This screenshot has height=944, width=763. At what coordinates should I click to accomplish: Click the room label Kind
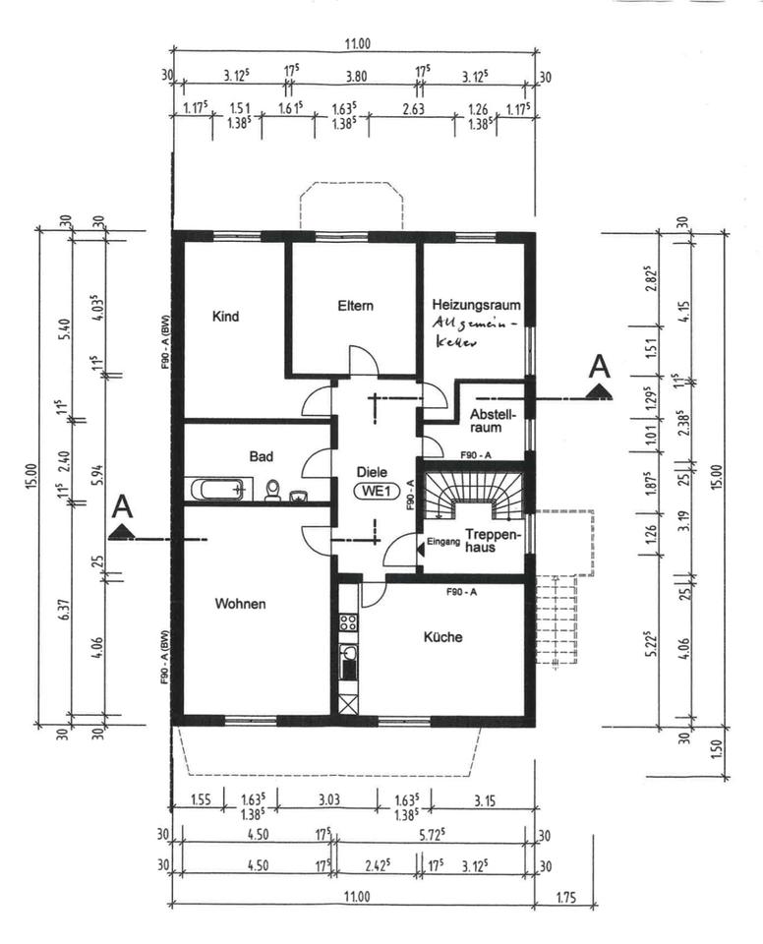pyautogui.click(x=225, y=317)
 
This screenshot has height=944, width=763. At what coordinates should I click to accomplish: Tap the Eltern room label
pyautogui.click(x=355, y=306)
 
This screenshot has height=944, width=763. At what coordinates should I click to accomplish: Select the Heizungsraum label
pyautogui.click(x=476, y=305)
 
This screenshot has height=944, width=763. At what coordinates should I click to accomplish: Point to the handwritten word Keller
pyautogui.click(x=456, y=344)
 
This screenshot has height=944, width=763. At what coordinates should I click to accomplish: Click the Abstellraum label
pyautogui.click(x=486, y=420)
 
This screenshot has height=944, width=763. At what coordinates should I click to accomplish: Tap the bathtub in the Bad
pyautogui.click(x=218, y=489)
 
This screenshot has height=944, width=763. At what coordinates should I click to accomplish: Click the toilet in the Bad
pyautogui.click(x=273, y=490)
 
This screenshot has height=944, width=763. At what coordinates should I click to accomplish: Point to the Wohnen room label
pyautogui.click(x=240, y=604)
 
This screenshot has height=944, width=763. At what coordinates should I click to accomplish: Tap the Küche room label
pyautogui.click(x=442, y=636)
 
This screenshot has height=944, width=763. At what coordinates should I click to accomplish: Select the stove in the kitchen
pyautogui.click(x=347, y=621)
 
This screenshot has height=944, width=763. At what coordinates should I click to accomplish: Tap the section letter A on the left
pyautogui.click(x=122, y=506)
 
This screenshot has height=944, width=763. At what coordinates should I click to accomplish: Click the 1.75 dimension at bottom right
pyautogui.click(x=564, y=896)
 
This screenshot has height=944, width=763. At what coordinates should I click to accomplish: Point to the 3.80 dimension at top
pyautogui.click(x=358, y=76)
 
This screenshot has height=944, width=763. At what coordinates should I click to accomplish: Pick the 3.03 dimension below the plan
pyautogui.click(x=327, y=799)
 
